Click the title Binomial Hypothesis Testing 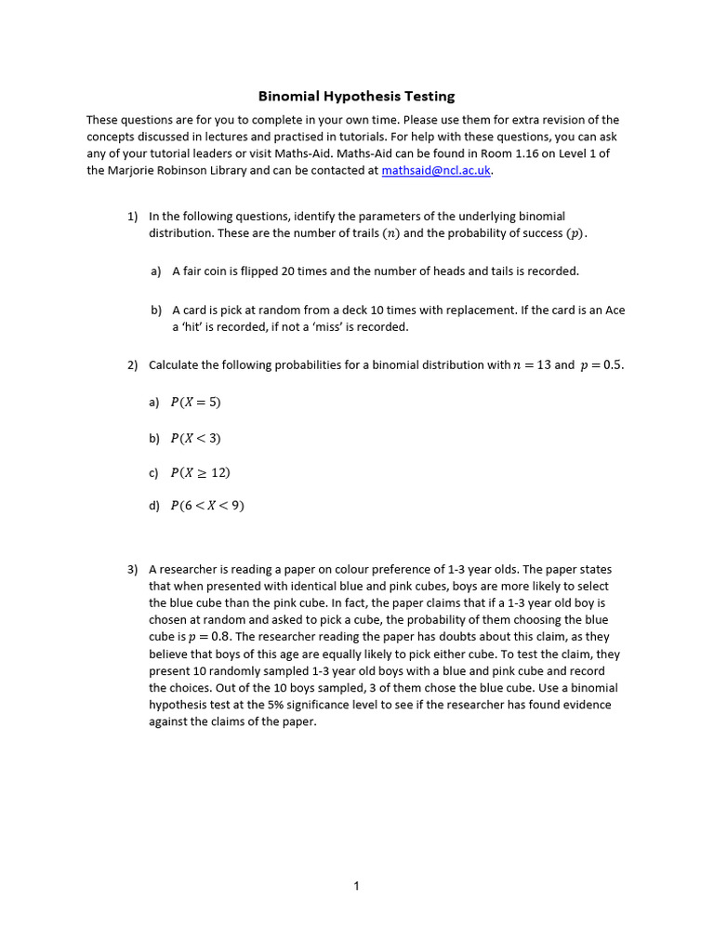click(x=356, y=96)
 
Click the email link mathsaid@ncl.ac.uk click(x=436, y=171)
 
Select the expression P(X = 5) click(x=195, y=403)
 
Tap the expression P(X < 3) click(x=195, y=438)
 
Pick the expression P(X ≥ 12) click(x=200, y=472)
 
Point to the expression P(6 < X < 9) click(x=207, y=507)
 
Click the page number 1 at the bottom click(x=356, y=886)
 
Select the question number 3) click(x=133, y=569)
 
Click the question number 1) click(x=133, y=216)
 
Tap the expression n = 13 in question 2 click(x=532, y=365)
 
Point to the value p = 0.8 click(x=209, y=637)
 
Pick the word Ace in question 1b click(x=615, y=310)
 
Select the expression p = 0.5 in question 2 click(x=602, y=365)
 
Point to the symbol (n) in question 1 click(x=390, y=233)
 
